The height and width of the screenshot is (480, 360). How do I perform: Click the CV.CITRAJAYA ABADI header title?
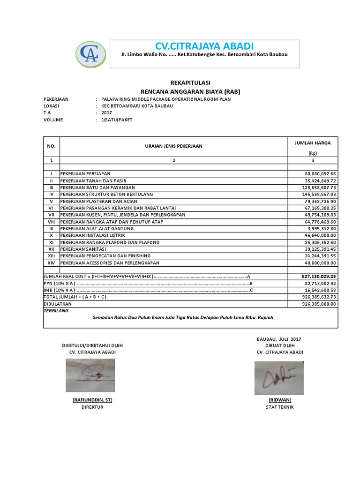(x=204, y=45)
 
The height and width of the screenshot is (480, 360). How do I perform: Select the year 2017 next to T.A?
(x=107, y=112)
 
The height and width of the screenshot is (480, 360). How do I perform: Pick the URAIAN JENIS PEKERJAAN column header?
(x=173, y=146)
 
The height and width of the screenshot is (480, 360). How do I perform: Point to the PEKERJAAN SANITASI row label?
(x=82, y=249)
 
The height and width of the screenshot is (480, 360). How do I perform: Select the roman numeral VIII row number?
(x=52, y=221)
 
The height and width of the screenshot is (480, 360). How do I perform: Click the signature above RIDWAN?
(x=279, y=377)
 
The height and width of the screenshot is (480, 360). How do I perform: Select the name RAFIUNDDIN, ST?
(x=92, y=400)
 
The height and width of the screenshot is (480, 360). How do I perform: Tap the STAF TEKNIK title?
(x=280, y=407)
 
